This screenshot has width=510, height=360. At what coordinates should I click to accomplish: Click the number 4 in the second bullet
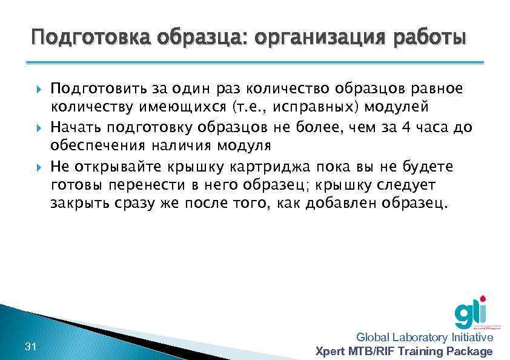(x=406, y=128)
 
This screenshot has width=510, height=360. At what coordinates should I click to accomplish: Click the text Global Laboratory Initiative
(x=424, y=338)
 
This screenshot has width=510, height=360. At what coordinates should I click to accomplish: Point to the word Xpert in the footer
(x=332, y=352)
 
